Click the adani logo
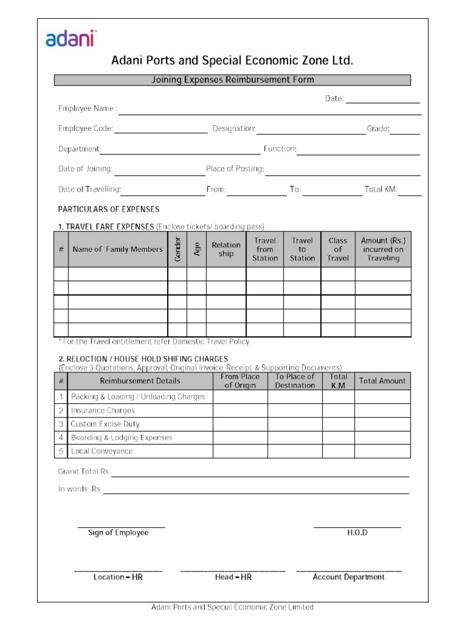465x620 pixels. [x=72, y=39]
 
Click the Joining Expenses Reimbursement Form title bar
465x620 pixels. [x=232, y=80]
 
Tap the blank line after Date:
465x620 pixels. [x=382, y=99]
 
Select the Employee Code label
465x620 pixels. [x=85, y=128]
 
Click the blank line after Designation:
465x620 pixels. [x=311, y=130]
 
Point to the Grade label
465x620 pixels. [x=378, y=128]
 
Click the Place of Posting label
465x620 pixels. [x=235, y=169]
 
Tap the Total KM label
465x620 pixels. [x=380, y=190]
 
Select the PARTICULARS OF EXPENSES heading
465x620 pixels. [x=108, y=209]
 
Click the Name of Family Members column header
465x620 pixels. [x=117, y=249]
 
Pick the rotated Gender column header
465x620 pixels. [x=177, y=249]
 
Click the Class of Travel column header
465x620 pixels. [x=338, y=249]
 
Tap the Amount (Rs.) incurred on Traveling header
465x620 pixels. [x=383, y=249]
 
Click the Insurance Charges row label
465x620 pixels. [x=103, y=411]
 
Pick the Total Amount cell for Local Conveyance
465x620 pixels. [x=383, y=451]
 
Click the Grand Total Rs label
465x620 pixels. [x=84, y=472]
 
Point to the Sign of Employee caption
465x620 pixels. [x=118, y=533]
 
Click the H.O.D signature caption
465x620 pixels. [x=357, y=533]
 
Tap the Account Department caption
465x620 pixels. [x=348, y=577]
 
